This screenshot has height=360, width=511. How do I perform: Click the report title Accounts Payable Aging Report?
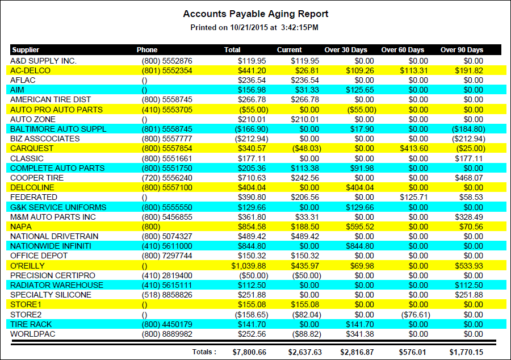[256, 14]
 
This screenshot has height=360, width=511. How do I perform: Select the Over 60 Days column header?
[403, 49]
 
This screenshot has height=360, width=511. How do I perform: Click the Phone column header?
[147, 49]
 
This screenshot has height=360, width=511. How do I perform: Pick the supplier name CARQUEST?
[32, 148]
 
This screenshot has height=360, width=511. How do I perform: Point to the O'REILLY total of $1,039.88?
[248, 265]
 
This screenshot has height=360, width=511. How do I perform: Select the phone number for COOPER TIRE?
[167, 178]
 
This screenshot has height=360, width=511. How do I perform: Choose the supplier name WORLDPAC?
[33, 334]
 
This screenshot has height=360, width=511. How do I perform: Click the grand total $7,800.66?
[249, 352]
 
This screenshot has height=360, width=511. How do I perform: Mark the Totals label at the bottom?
[204, 352]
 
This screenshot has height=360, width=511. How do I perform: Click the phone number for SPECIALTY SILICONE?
[167, 295]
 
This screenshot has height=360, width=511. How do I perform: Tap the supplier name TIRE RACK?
[31, 324]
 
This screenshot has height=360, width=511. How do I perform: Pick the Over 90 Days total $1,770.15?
[466, 352]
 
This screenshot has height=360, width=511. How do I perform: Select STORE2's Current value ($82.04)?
[305, 314]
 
